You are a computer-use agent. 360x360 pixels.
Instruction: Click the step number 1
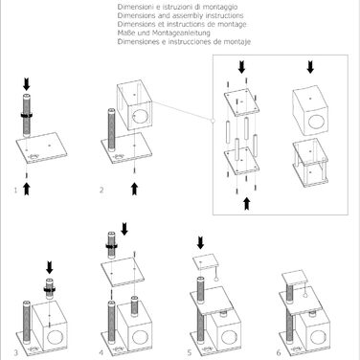[x=15, y=191]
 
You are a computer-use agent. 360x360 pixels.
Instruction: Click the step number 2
[x=101, y=190]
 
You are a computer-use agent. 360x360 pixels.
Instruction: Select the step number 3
[x=16, y=352]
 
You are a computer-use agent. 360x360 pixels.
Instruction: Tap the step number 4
[x=101, y=352]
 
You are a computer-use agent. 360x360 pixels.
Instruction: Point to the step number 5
[x=190, y=352]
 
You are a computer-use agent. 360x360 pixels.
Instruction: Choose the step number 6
[x=279, y=352]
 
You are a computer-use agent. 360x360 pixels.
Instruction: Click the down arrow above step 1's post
[x=27, y=83]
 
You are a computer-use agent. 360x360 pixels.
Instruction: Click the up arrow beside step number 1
[x=27, y=189]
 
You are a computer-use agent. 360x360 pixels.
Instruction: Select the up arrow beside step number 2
[x=135, y=189]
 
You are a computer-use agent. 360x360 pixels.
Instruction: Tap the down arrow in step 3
[x=50, y=267]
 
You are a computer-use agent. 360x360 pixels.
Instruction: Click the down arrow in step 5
[x=200, y=242]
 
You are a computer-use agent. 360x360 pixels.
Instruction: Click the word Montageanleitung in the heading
[x=181, y=33]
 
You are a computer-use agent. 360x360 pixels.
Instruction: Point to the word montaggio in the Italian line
[x=221, y=7]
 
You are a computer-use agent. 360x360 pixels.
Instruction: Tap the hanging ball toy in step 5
[x=216, y=280]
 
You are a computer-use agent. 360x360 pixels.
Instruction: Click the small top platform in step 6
[x=295, y=278]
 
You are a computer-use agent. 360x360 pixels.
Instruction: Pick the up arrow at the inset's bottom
[x=247, y=204]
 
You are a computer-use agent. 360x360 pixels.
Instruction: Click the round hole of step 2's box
[x=138, y=117]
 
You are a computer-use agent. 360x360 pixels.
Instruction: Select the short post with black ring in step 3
[x=50, y=288]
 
